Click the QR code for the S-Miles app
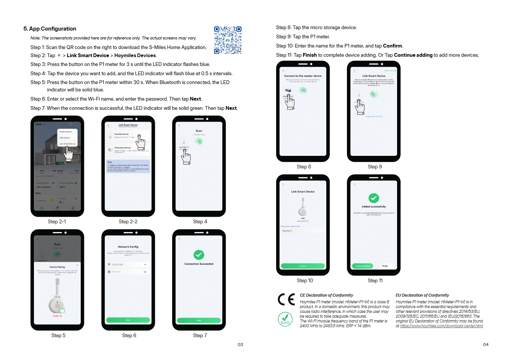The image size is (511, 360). (x=227, y=40)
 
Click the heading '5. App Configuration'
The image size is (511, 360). (x=50, y=29)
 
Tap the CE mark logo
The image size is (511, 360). (x=286, y=300)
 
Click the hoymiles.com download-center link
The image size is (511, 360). (x=441, y=326)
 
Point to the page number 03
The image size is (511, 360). (x=240, y=345)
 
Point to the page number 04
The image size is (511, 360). (x=486, y=345)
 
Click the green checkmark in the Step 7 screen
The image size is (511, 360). (x=199, y=255)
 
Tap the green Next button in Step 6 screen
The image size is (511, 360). (x=128, y=320)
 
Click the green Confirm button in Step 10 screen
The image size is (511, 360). (x=303, y=266)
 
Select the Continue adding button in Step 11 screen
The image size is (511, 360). (x=362, y=266)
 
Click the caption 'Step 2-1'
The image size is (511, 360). (x=57, y=222)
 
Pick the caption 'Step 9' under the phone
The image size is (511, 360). (x=375, y=167)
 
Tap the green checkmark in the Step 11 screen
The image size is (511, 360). (x=373, y=198)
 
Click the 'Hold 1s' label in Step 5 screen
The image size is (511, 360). (x=57, y=316)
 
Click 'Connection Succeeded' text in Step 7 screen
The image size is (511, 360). (x=199, y=264)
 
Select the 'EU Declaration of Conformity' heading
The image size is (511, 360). (x=422, y=296)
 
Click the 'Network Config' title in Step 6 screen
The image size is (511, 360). (x=128, y=247)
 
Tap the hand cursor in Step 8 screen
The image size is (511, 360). (x=290, y=102)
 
